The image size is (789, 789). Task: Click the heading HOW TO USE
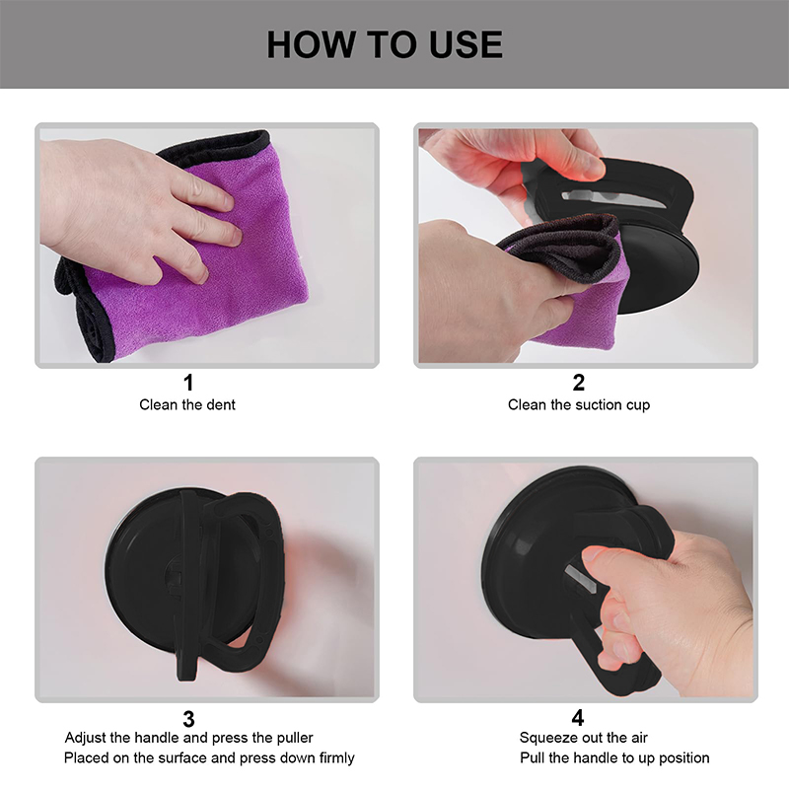(x=385, y=44)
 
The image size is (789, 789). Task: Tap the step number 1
(x=188, y=383)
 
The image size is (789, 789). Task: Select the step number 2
(x=579, y=383)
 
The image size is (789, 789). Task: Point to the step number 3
(x=188, y=719)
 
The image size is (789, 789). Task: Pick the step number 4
(x=578, y=718)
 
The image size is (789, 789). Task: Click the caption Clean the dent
(x=187, y=404)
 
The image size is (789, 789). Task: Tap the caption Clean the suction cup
(x=579, y=404)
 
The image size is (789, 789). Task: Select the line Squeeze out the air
(x=583, y=738)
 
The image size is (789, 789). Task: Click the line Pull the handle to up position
(x=614, y=757)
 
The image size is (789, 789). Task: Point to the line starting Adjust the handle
(x=188, y=738)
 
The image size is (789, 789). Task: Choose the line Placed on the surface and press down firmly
(x=209, y=757)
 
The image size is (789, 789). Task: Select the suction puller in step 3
(x=193, y=584)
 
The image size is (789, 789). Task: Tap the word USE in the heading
(x=466, y=44)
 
